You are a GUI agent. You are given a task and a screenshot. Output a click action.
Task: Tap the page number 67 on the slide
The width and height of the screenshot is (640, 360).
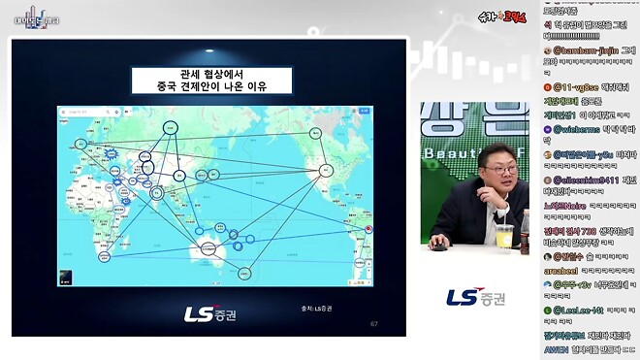[374, 323]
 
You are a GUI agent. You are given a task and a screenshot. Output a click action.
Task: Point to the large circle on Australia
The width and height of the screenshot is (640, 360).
[207, 249]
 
